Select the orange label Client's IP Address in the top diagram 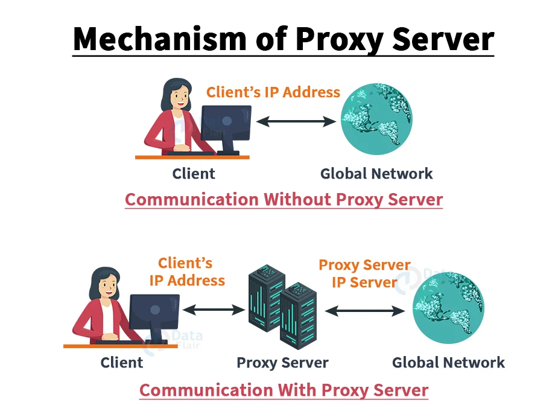point(273,92)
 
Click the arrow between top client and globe point(296,121)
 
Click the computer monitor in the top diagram point(226,123)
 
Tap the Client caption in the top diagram point(194,174)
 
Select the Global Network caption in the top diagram point(376,174)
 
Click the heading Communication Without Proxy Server point(284,200)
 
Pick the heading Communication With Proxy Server point(284,390)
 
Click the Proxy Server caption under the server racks point(282,363)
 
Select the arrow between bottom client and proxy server point(212,310)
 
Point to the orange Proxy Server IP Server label point(364,273)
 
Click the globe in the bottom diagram point(448,308)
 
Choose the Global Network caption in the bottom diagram point(448,363)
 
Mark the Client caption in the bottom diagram point(122,363)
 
